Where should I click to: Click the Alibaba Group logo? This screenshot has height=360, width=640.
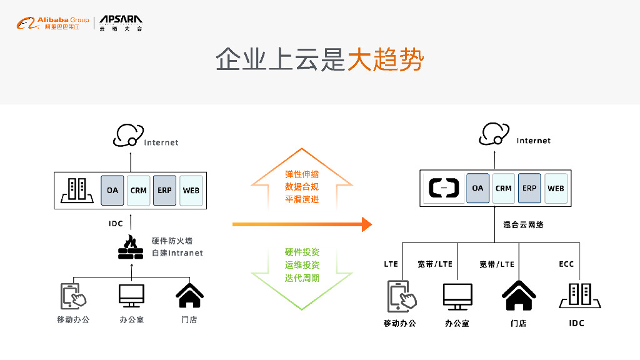[52, 24]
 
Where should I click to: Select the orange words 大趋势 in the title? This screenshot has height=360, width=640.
[386, 60]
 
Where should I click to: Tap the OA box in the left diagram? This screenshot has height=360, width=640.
[112, 191]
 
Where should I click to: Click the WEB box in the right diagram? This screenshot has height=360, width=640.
[556, 188]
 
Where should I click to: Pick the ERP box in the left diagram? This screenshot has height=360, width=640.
[165, 191]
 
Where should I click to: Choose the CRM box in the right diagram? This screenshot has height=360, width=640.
[504, 188]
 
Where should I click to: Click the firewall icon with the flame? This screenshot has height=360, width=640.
[131, 247]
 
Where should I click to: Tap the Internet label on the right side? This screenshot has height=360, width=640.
[534, 141]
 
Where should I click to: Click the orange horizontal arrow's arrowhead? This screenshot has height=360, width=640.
[367, 224]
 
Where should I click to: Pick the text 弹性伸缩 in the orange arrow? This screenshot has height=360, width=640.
[302, 174]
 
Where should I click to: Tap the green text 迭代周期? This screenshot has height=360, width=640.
[302, 277]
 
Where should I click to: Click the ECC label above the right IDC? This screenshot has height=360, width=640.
[566, 264]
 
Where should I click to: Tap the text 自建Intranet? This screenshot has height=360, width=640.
[177, 253]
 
